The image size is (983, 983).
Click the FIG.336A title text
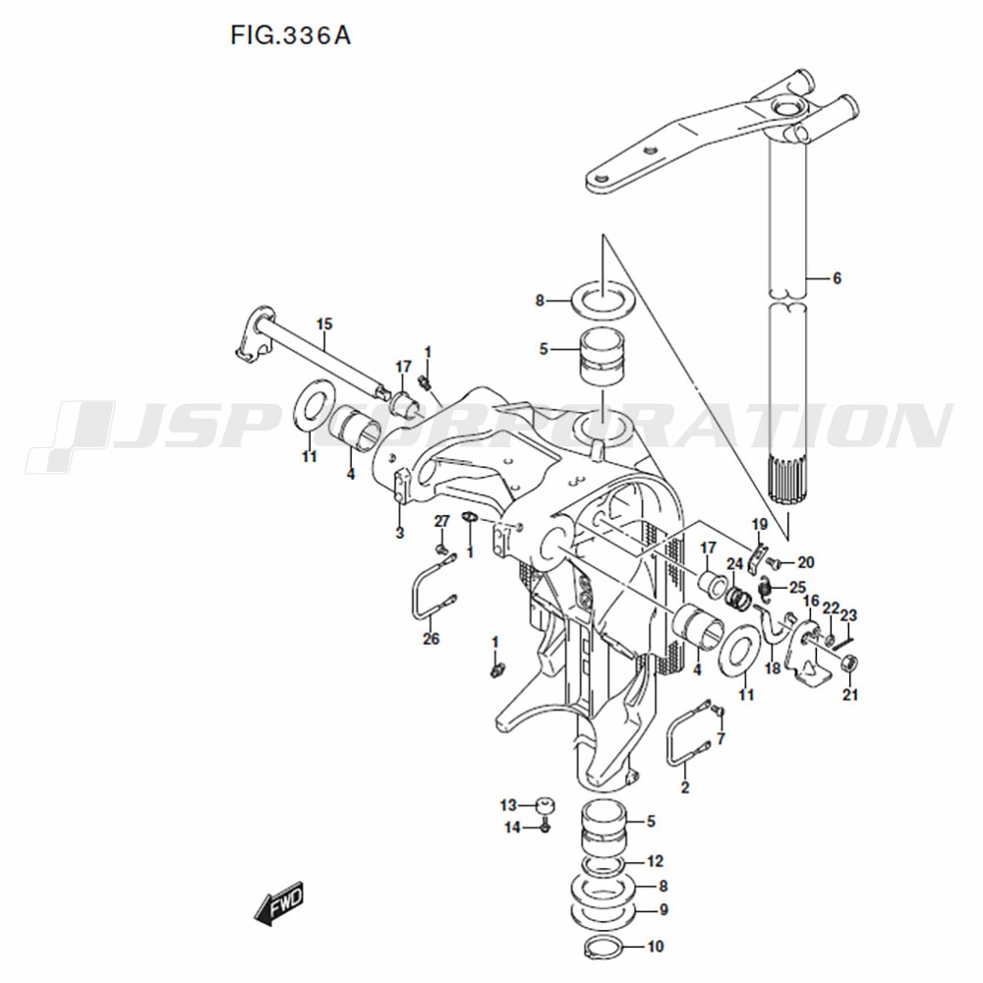(290, 35)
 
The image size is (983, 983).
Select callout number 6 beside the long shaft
(837, 278)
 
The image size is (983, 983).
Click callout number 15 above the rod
(324, 324)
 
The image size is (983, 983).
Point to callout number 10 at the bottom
(655, 946)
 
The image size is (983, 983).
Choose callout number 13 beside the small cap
(508, 804)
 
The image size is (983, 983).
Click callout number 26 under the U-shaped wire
(432, 639)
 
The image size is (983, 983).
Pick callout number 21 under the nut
(850, 695)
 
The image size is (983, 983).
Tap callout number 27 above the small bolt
(442, 521)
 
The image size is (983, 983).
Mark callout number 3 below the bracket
(400, 534)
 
